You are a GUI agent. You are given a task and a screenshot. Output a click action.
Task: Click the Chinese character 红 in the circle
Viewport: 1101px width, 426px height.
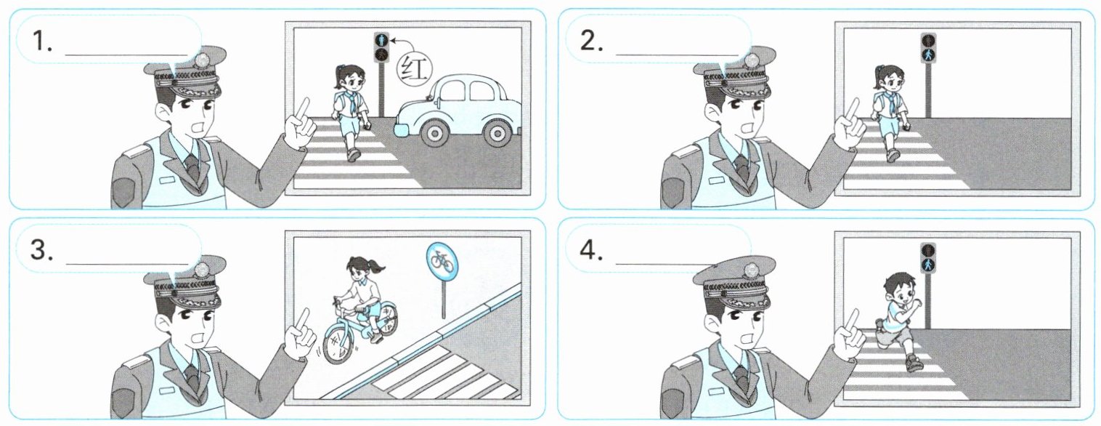point(414,69)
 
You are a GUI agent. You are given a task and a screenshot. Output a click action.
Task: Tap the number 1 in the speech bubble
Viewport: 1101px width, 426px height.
point(41,41)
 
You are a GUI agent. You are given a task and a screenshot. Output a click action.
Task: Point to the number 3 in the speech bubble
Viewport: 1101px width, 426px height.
point(41,250)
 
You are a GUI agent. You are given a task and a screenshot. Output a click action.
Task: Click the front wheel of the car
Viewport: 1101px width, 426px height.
point(434,132)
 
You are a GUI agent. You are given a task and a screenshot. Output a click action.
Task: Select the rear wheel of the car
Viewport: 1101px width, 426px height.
point(497,132)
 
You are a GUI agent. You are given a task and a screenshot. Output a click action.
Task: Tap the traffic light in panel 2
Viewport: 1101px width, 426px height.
point(928,48)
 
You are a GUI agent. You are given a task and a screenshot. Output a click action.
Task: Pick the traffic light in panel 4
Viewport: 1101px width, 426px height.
point(928,258)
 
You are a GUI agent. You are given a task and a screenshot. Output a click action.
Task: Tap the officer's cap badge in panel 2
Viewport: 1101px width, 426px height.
point(750,60)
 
